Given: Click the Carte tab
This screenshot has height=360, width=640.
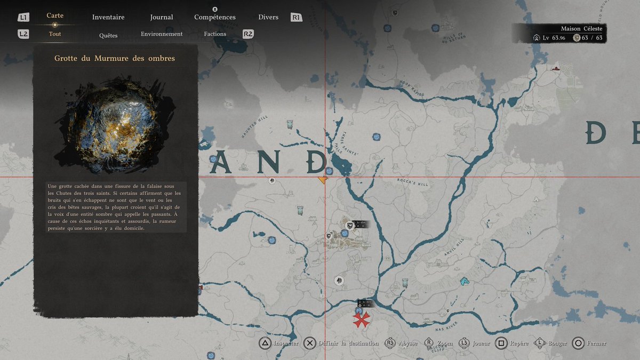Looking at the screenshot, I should point(55,16).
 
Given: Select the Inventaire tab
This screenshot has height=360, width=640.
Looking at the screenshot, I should point(108,17).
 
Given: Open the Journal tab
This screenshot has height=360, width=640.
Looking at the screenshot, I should point(161,17).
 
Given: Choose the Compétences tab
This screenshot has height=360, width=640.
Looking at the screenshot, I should point(215,17).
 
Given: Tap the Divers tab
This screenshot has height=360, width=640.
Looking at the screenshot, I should point(268,17).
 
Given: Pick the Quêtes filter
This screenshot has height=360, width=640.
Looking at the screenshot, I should point(108,36).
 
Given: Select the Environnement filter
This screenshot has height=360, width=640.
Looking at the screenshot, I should point(162,34).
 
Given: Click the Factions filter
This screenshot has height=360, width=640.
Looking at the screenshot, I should point(215,34).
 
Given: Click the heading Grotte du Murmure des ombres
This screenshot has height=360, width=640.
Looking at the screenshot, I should point(115,58).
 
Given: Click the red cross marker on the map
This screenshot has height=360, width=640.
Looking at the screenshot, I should point(361,319).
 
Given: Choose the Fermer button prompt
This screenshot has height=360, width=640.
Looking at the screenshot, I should point(596,343).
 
